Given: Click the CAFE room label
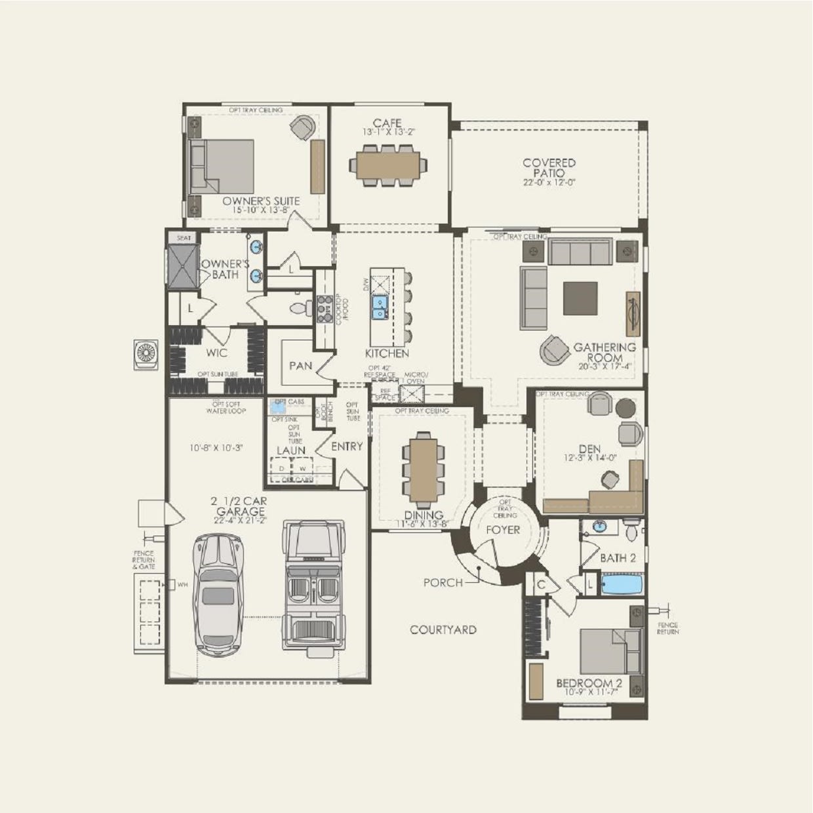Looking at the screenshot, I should pyautogui.click(x=387, y=123).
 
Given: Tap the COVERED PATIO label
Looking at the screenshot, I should pyautogui.click(x=549, y=168).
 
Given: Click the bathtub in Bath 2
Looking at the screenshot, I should pyautogui.click(x=622, y=584).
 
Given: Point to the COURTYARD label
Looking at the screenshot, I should pyautogui.click(x=443, y=630).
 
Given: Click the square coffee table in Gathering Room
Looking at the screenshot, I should pyautogui.click(x=580, y=298).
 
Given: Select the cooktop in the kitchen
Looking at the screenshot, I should pyautogui.click(x=325, y=309).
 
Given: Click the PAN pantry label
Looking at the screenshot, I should pyautogui.click(x=300, y=366).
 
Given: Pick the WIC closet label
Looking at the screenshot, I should pyautogui.click(x=216, y=353).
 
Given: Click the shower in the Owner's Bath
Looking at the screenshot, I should pyautogui.click(x=182, y=267).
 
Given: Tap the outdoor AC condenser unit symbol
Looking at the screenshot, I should pyautogui.click(x=146, y=355).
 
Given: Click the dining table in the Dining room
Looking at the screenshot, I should pyautogui.click(x=424, y=469).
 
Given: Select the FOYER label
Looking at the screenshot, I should pyautogui.click(x=502, y=530).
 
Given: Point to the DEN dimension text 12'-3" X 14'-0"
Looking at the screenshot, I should pyautogui.click(x=589, y=458).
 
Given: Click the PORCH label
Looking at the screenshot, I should pyautogui.click(x=443, y=582).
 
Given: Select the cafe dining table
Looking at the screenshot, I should pyautogui.click(x=387, y=165).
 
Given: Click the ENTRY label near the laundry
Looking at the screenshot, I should pyautogui.click(x=347, y=446).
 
